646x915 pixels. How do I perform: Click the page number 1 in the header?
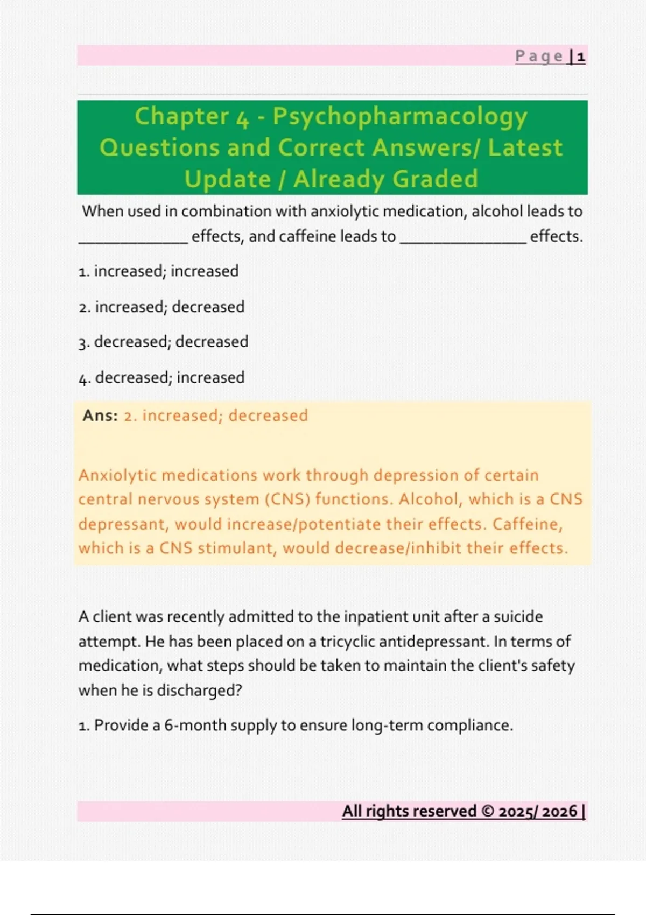tap(581, 57)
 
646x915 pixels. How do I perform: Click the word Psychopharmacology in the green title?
tap(400, 117)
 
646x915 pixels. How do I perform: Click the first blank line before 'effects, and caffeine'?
tap(133, 240)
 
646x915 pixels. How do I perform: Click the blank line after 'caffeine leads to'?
tap(463, 240)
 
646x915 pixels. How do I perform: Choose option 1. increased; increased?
tap(158, 271)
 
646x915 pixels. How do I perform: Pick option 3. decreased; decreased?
tap(163, 342)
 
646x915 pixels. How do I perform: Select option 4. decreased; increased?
tap(161, 377)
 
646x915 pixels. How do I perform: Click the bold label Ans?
tap(100, 416)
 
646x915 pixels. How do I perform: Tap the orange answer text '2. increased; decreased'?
tap(216, 416)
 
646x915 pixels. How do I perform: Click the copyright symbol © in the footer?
tap(488, 811)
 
